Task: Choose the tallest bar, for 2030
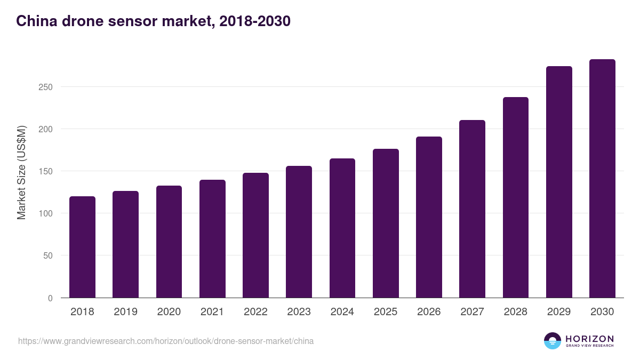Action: (x=602, y=179)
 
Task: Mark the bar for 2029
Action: (x=559, y=182)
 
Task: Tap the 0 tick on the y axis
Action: (x=50, y=298)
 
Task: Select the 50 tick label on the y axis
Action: (x=48, y=255)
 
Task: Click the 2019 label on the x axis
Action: (x=125, y=312)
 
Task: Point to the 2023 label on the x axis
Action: (x=299, y=312)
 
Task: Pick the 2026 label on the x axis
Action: (x=429, y=312)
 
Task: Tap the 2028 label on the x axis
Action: (x=515, y=312)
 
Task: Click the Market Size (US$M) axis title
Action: (x=21, y=172)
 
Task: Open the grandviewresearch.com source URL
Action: (x=166, y=341)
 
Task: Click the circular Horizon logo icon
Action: (x=553, y=341)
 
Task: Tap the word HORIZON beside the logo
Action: (x=589, y=339)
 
